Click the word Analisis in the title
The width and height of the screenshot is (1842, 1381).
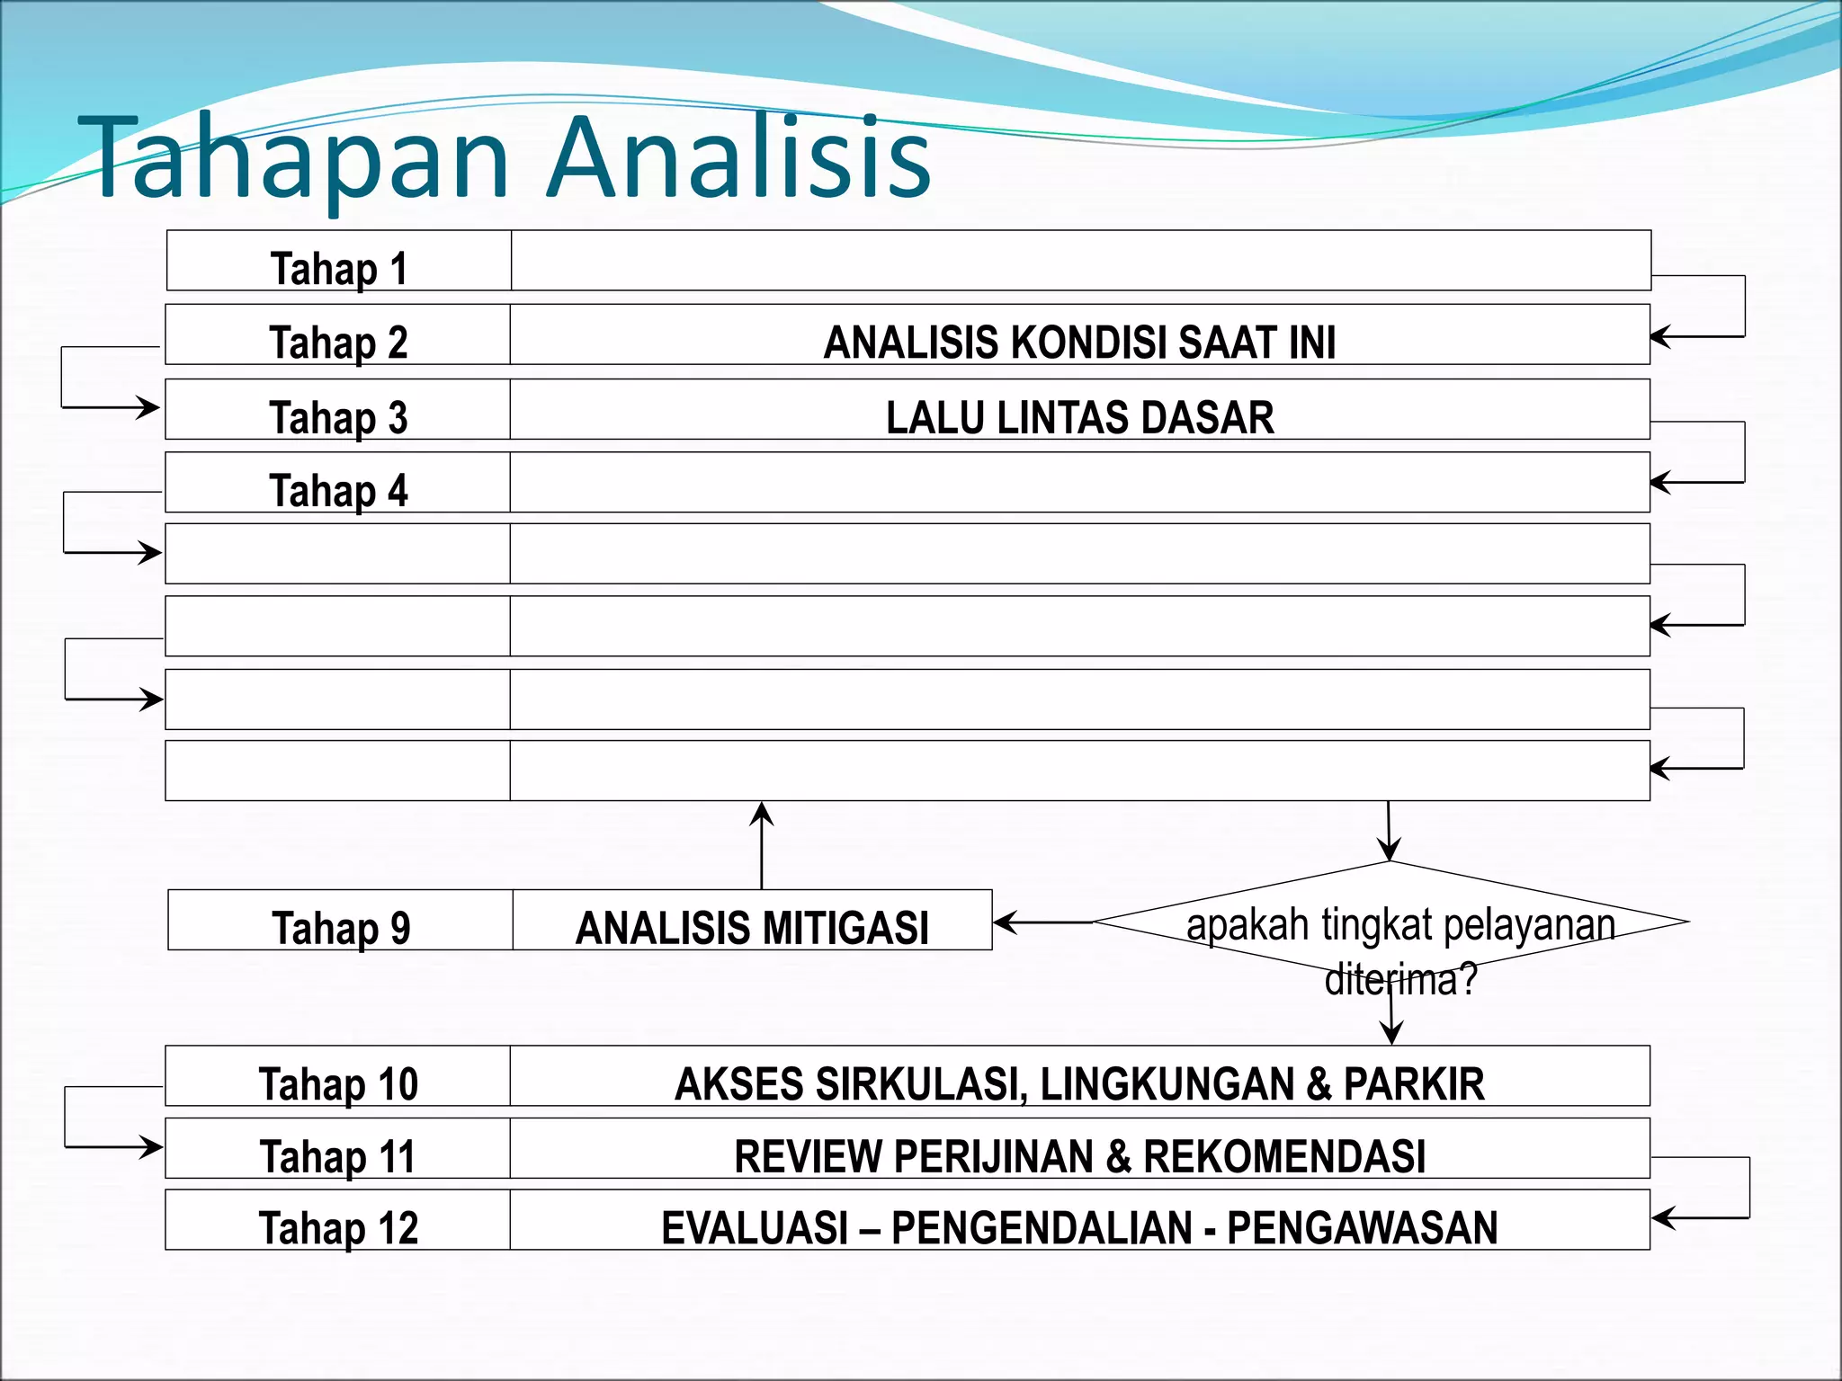point(739,157)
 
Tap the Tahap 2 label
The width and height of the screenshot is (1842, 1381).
point(338,342)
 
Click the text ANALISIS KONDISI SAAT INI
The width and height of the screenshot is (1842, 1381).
point(1079,342)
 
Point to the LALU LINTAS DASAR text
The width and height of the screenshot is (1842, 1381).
point(1079,417)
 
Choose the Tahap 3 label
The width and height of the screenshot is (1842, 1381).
point(338,417)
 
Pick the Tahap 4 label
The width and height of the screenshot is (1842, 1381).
point(338,491)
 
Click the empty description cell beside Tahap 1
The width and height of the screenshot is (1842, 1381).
point(1079,261)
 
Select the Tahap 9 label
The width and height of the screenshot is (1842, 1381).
point(341,928)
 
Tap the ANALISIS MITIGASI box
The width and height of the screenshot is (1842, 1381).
point(752,927)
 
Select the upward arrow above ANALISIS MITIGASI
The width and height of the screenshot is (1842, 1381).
point(762,845)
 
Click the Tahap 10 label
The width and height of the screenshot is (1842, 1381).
point(338,1083)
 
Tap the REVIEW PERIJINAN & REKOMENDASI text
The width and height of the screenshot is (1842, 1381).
point(1079,1156)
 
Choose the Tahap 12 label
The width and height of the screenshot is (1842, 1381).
point(338,1228)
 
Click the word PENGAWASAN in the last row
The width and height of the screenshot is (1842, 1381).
point(1362,1228)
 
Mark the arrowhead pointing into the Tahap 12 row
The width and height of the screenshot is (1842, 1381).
point(1661,1218)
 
